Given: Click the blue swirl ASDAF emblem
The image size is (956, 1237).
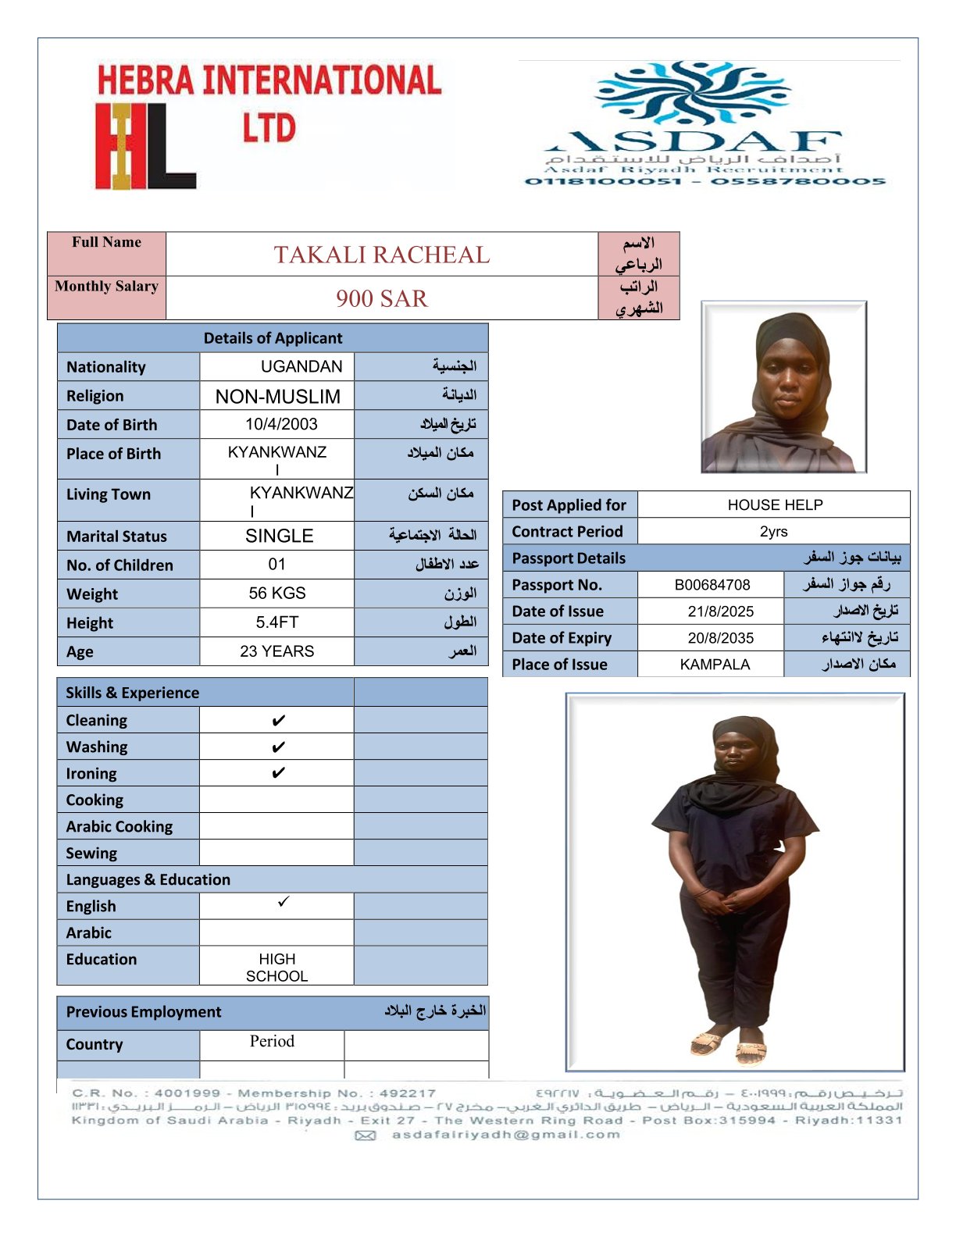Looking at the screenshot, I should (x=692, y=93).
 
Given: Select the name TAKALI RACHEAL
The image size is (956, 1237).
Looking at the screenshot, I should (x=381, y=255).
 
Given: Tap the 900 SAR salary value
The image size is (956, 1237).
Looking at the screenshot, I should (x=381, y=298).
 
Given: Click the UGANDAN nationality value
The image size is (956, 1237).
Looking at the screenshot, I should (x=301, y=366).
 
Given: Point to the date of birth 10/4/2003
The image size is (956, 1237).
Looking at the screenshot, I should (x=281, y=424).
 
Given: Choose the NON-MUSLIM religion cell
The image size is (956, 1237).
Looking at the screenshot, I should (x=278, y=397).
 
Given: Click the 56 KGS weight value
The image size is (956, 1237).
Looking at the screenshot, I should (x=277, y=594).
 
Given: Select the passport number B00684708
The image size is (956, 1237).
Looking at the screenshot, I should (x=712, y=585).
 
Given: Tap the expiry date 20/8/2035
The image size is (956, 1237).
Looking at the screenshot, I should (x=720, y=638).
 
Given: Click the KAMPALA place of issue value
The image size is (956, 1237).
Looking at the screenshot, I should (x=715, y=665).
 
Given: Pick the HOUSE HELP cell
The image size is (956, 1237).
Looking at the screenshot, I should (x=775, y=505).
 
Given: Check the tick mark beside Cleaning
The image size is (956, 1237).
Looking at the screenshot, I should (x=278, y=721).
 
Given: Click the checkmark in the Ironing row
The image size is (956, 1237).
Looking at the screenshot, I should (x=278, y=773).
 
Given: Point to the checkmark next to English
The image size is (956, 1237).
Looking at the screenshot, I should (x=284, y=902).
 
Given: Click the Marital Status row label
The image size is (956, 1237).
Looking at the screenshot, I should (x=116, y=537).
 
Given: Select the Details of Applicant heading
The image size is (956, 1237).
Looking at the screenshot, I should (x=273, y=338).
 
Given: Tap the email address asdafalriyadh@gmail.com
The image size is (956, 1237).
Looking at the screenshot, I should (x=506, y=1135).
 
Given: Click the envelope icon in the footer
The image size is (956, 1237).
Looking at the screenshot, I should (x=366, y=1135).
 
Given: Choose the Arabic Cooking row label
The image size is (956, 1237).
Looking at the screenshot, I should (x=119, y=826).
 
